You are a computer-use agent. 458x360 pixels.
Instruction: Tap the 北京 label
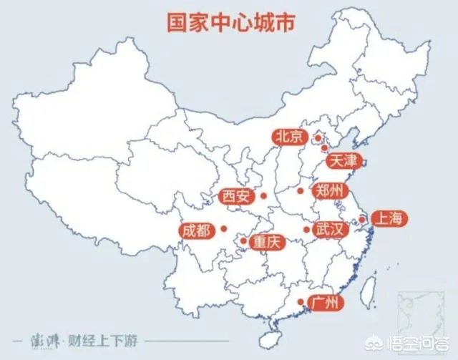click(289, 137)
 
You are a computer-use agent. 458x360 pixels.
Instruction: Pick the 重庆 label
click(268, 242)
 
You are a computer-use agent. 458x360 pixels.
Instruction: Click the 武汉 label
click(331, 230)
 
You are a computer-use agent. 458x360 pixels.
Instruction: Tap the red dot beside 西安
click(263, 195)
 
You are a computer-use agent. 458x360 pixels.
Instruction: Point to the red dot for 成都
click(224, 229)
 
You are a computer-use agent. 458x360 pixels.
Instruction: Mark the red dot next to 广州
click(300, 301)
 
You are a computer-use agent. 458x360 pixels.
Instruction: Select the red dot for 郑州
click(301, 191)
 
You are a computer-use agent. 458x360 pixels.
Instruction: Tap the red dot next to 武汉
click(306, 230)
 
